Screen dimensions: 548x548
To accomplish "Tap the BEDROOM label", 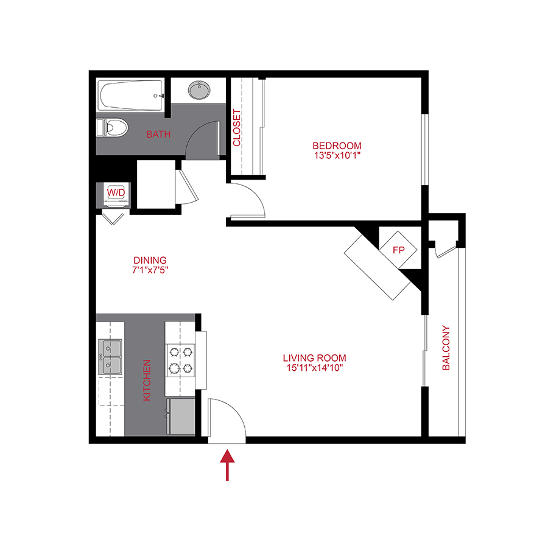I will tap(337, 146).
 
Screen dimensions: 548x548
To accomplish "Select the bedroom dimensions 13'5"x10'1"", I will tap(337, 156).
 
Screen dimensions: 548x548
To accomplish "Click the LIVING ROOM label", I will tap(314, 358).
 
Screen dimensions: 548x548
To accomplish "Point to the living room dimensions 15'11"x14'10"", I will tap(314, 368).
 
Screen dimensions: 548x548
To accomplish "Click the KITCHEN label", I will tap(147, 380).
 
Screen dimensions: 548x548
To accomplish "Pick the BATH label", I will tap(158, 134).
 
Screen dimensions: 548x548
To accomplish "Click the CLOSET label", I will tap(237, 128).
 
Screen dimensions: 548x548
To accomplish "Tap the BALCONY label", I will tap(446, 349).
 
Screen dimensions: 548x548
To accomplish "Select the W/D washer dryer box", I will tap(116, 193).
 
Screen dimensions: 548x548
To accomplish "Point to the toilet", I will tap(113, 128).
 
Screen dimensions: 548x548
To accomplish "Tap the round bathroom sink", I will tap(198, 91).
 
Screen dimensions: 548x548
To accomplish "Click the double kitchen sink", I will tap(110, 357).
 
